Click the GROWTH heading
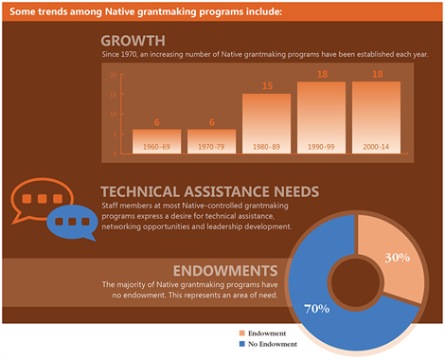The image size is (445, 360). [x=133, y=41]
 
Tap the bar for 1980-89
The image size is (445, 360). [x=266, y=123]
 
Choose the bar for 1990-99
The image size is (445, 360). [x=321, y=117]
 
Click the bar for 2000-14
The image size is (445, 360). [x=376, y=117]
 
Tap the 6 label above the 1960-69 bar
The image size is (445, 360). [x=157, y=122]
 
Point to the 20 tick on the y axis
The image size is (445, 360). [x=112, y=75]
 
